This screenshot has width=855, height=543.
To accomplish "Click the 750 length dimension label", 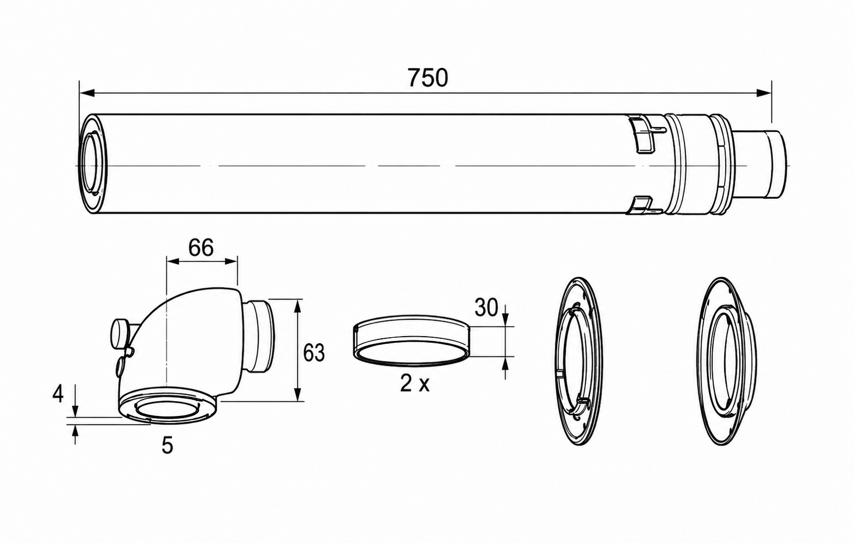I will pos(428,78).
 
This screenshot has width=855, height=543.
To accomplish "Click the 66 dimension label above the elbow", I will pos(201,248).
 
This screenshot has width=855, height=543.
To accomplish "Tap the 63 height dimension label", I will pos(314,353).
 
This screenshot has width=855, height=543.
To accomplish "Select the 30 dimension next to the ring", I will pos(486,308).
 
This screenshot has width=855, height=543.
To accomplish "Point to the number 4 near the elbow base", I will pos(58,394).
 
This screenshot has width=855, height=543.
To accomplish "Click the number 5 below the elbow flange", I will pos(167,446).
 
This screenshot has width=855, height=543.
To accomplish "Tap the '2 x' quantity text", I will pos(415,384).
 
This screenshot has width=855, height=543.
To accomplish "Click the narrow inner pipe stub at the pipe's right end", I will pos(761,164).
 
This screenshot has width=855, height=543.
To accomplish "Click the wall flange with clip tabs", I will pos(579,361).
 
